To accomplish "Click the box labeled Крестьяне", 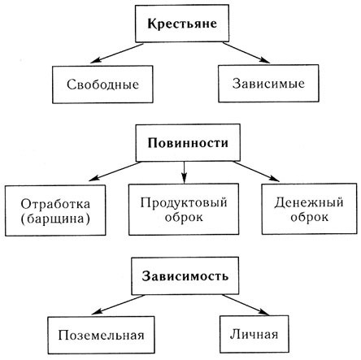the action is tap(182, 24).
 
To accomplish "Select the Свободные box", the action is tap(102, 85).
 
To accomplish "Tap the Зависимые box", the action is tap(268, 83).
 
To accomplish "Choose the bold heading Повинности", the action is tap(188, 143).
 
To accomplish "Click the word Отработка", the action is tap(55, 204).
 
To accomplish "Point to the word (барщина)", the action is tap(55, 219).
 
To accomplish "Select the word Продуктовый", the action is tap(184, 202).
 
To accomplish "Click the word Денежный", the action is tap(309, 202).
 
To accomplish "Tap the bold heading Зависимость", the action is tap(185, 276).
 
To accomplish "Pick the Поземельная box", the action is tap(101, 335).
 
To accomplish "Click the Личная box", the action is tap(254, 334).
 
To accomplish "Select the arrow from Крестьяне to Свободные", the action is tap(117, 53).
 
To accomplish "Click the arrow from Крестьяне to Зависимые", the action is tap(246, 53).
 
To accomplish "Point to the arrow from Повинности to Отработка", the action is tap(115, 171).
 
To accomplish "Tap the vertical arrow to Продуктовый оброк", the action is tap(184, 172).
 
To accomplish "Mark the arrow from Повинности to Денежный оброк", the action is tap(256, 171).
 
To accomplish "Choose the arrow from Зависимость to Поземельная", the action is tap(119, 305).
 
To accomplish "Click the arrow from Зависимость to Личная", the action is tap(246, 305).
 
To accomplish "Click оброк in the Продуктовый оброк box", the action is tap(184, 217).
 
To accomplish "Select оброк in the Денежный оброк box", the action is tap(309, 217).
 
